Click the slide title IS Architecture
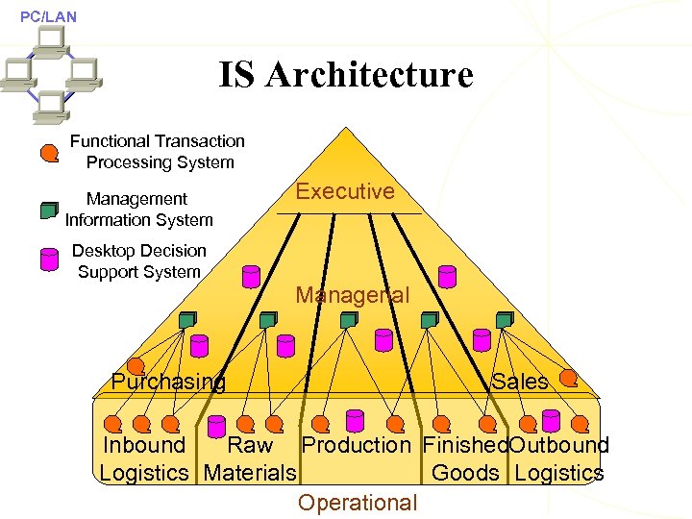[346, 75]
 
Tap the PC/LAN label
[48, 16]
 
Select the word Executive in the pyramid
[345, 191]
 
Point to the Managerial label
[352, 295]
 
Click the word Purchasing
[168, 382]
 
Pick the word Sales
[520, 382]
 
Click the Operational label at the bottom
[358, 503]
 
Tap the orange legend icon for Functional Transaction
[49, 152]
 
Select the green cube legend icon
[49, 210]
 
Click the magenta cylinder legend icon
[49, 260]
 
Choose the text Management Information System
[138, 210]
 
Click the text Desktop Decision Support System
[139, 260]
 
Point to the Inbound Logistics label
[144, 459]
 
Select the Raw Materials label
[250, 459]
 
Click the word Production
[356, 446]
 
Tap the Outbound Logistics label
[559, 459]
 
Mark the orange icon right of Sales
[569, 378]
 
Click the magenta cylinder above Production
[355, 420]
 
